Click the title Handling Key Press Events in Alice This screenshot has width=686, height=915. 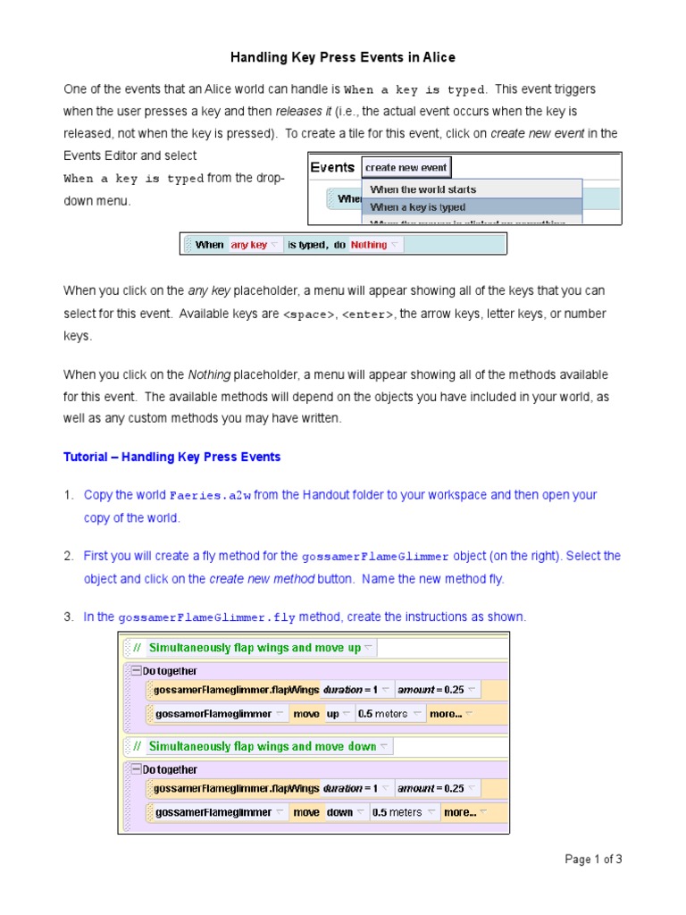[x=343, y=57]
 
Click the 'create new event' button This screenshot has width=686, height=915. [x=406, y=167]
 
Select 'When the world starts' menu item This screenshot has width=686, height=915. [x=422, y=189]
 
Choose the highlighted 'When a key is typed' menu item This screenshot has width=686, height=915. [x=417, y=207]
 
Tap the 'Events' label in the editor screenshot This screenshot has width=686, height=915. [x=332, y=167]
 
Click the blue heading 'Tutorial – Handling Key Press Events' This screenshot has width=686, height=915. [x=171, y=457]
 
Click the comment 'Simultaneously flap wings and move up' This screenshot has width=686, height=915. [x=255, y=648]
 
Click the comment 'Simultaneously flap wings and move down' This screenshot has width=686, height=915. [x=262, y=746]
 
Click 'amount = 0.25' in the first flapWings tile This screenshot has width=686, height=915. [x=434, y=690]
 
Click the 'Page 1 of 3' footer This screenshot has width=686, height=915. [x=593, y=860]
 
